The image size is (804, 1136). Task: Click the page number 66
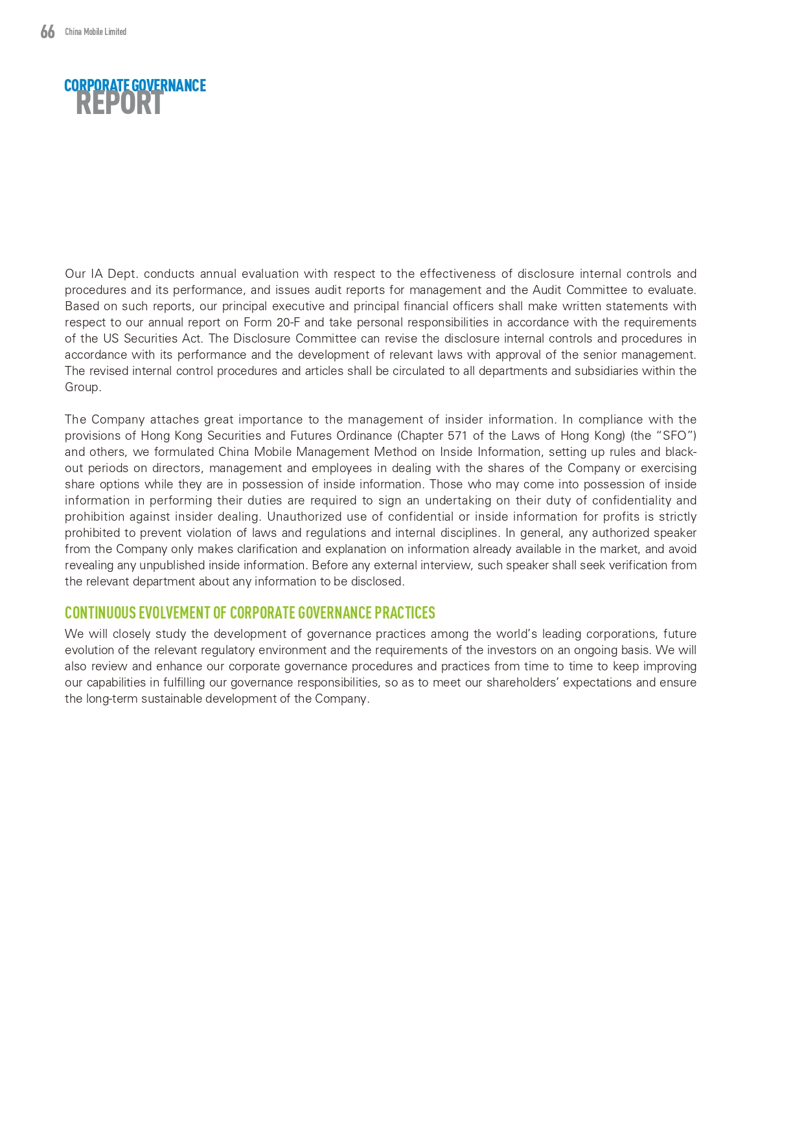click(47, 32)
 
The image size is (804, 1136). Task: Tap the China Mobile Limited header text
click(95, 32)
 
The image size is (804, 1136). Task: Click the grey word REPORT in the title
click(119, 104)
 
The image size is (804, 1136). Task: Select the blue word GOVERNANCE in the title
click(168, 85)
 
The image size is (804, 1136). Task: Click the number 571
click(457, 436)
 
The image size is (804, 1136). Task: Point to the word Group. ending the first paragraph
click(83, 387)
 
